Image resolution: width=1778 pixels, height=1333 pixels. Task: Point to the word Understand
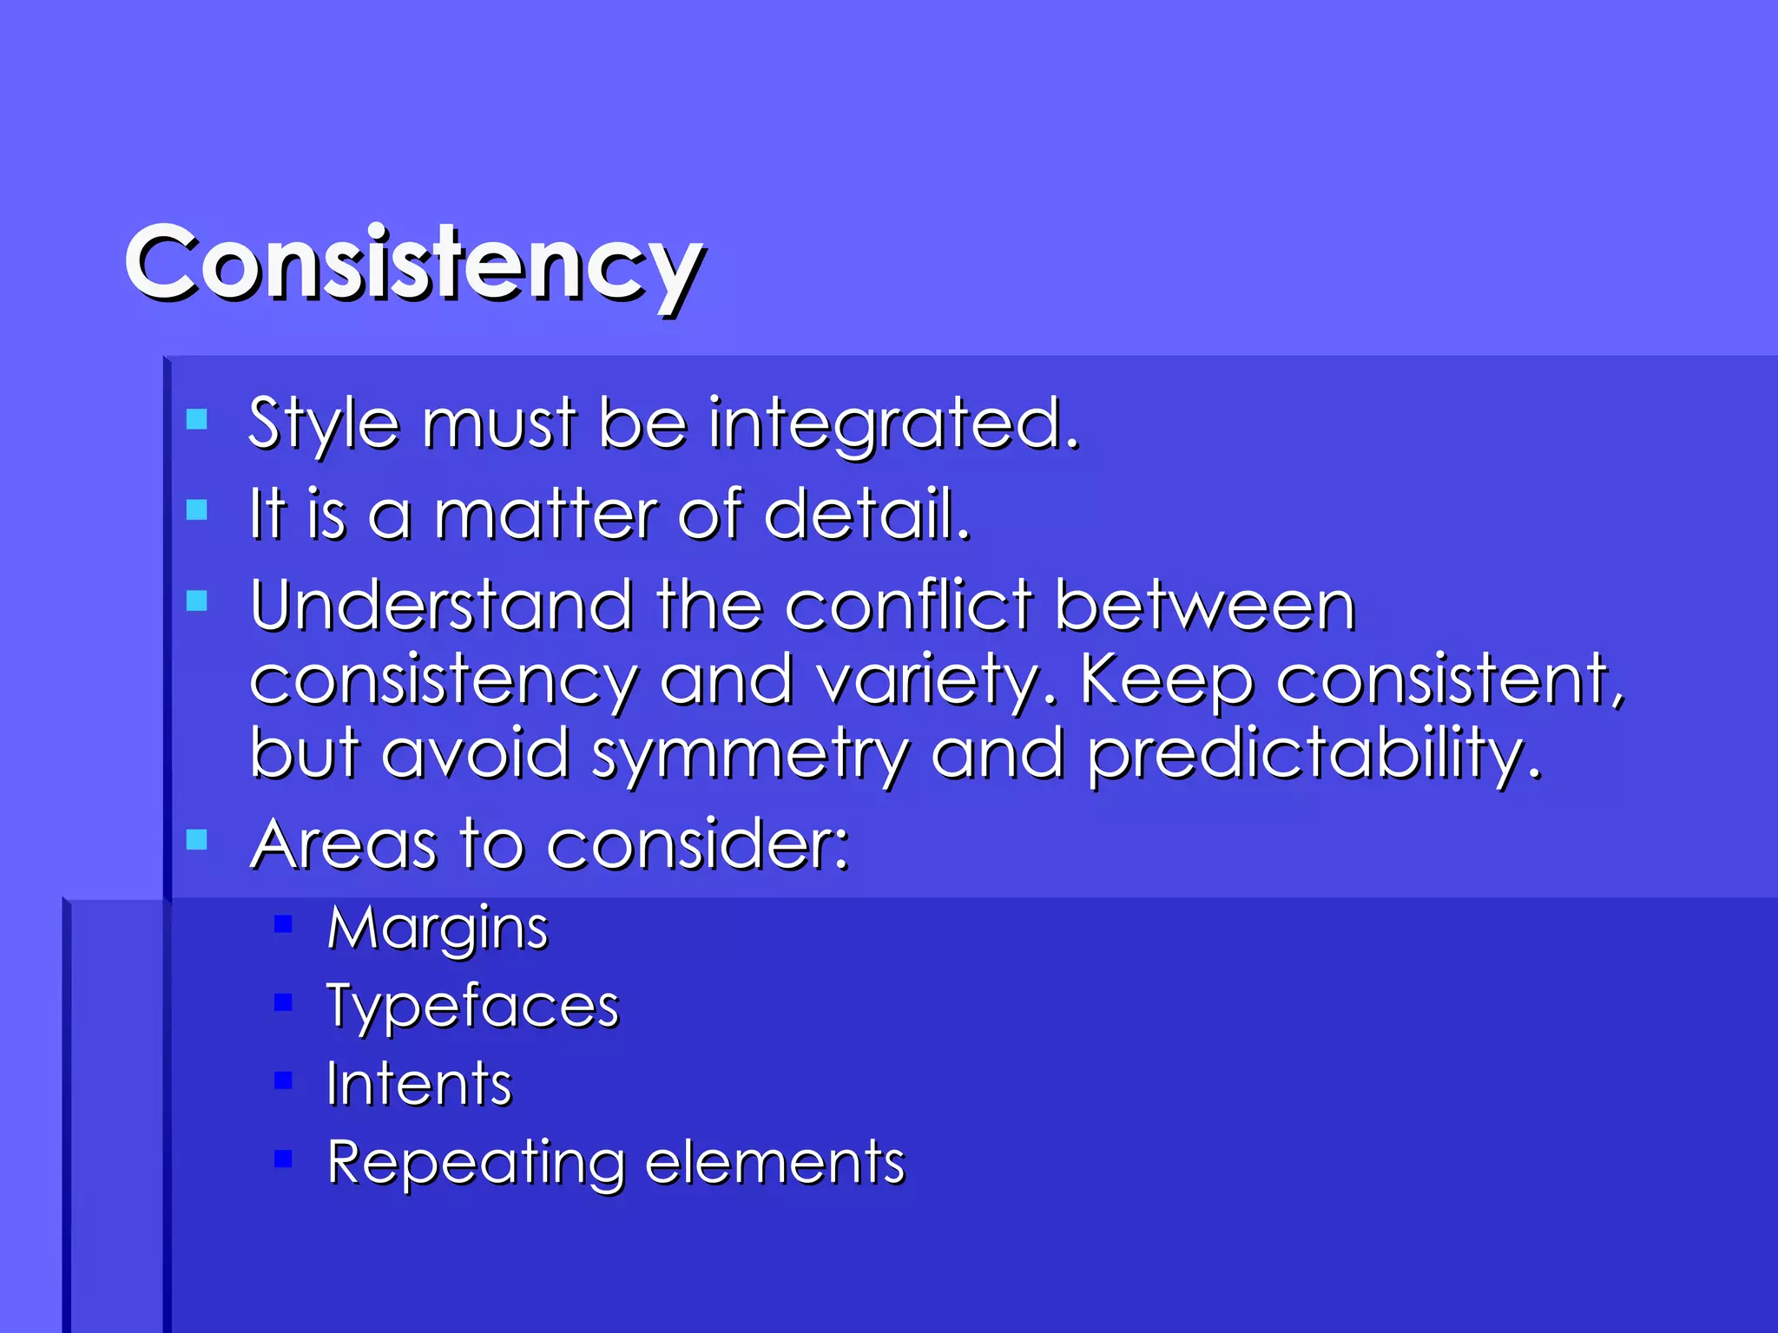click(441, 605)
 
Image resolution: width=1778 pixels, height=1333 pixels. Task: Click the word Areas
click(343, 844)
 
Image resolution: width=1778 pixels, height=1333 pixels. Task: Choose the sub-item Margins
click(438, 929)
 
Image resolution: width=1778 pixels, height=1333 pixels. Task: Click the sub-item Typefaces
click(472, 1008)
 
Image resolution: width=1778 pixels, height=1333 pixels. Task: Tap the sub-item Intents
click(419, 1084)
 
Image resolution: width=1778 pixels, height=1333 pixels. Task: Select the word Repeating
click(476, 1163)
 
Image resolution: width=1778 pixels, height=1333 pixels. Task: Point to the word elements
click(775, 1163)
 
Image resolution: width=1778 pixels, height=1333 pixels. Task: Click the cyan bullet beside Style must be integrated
click(197, 420)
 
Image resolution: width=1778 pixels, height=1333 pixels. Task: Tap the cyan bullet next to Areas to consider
click(197, 839)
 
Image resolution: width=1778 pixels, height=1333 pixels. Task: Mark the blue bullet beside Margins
click(283, 924)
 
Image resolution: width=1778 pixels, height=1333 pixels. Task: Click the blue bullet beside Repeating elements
click(283, 1159)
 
